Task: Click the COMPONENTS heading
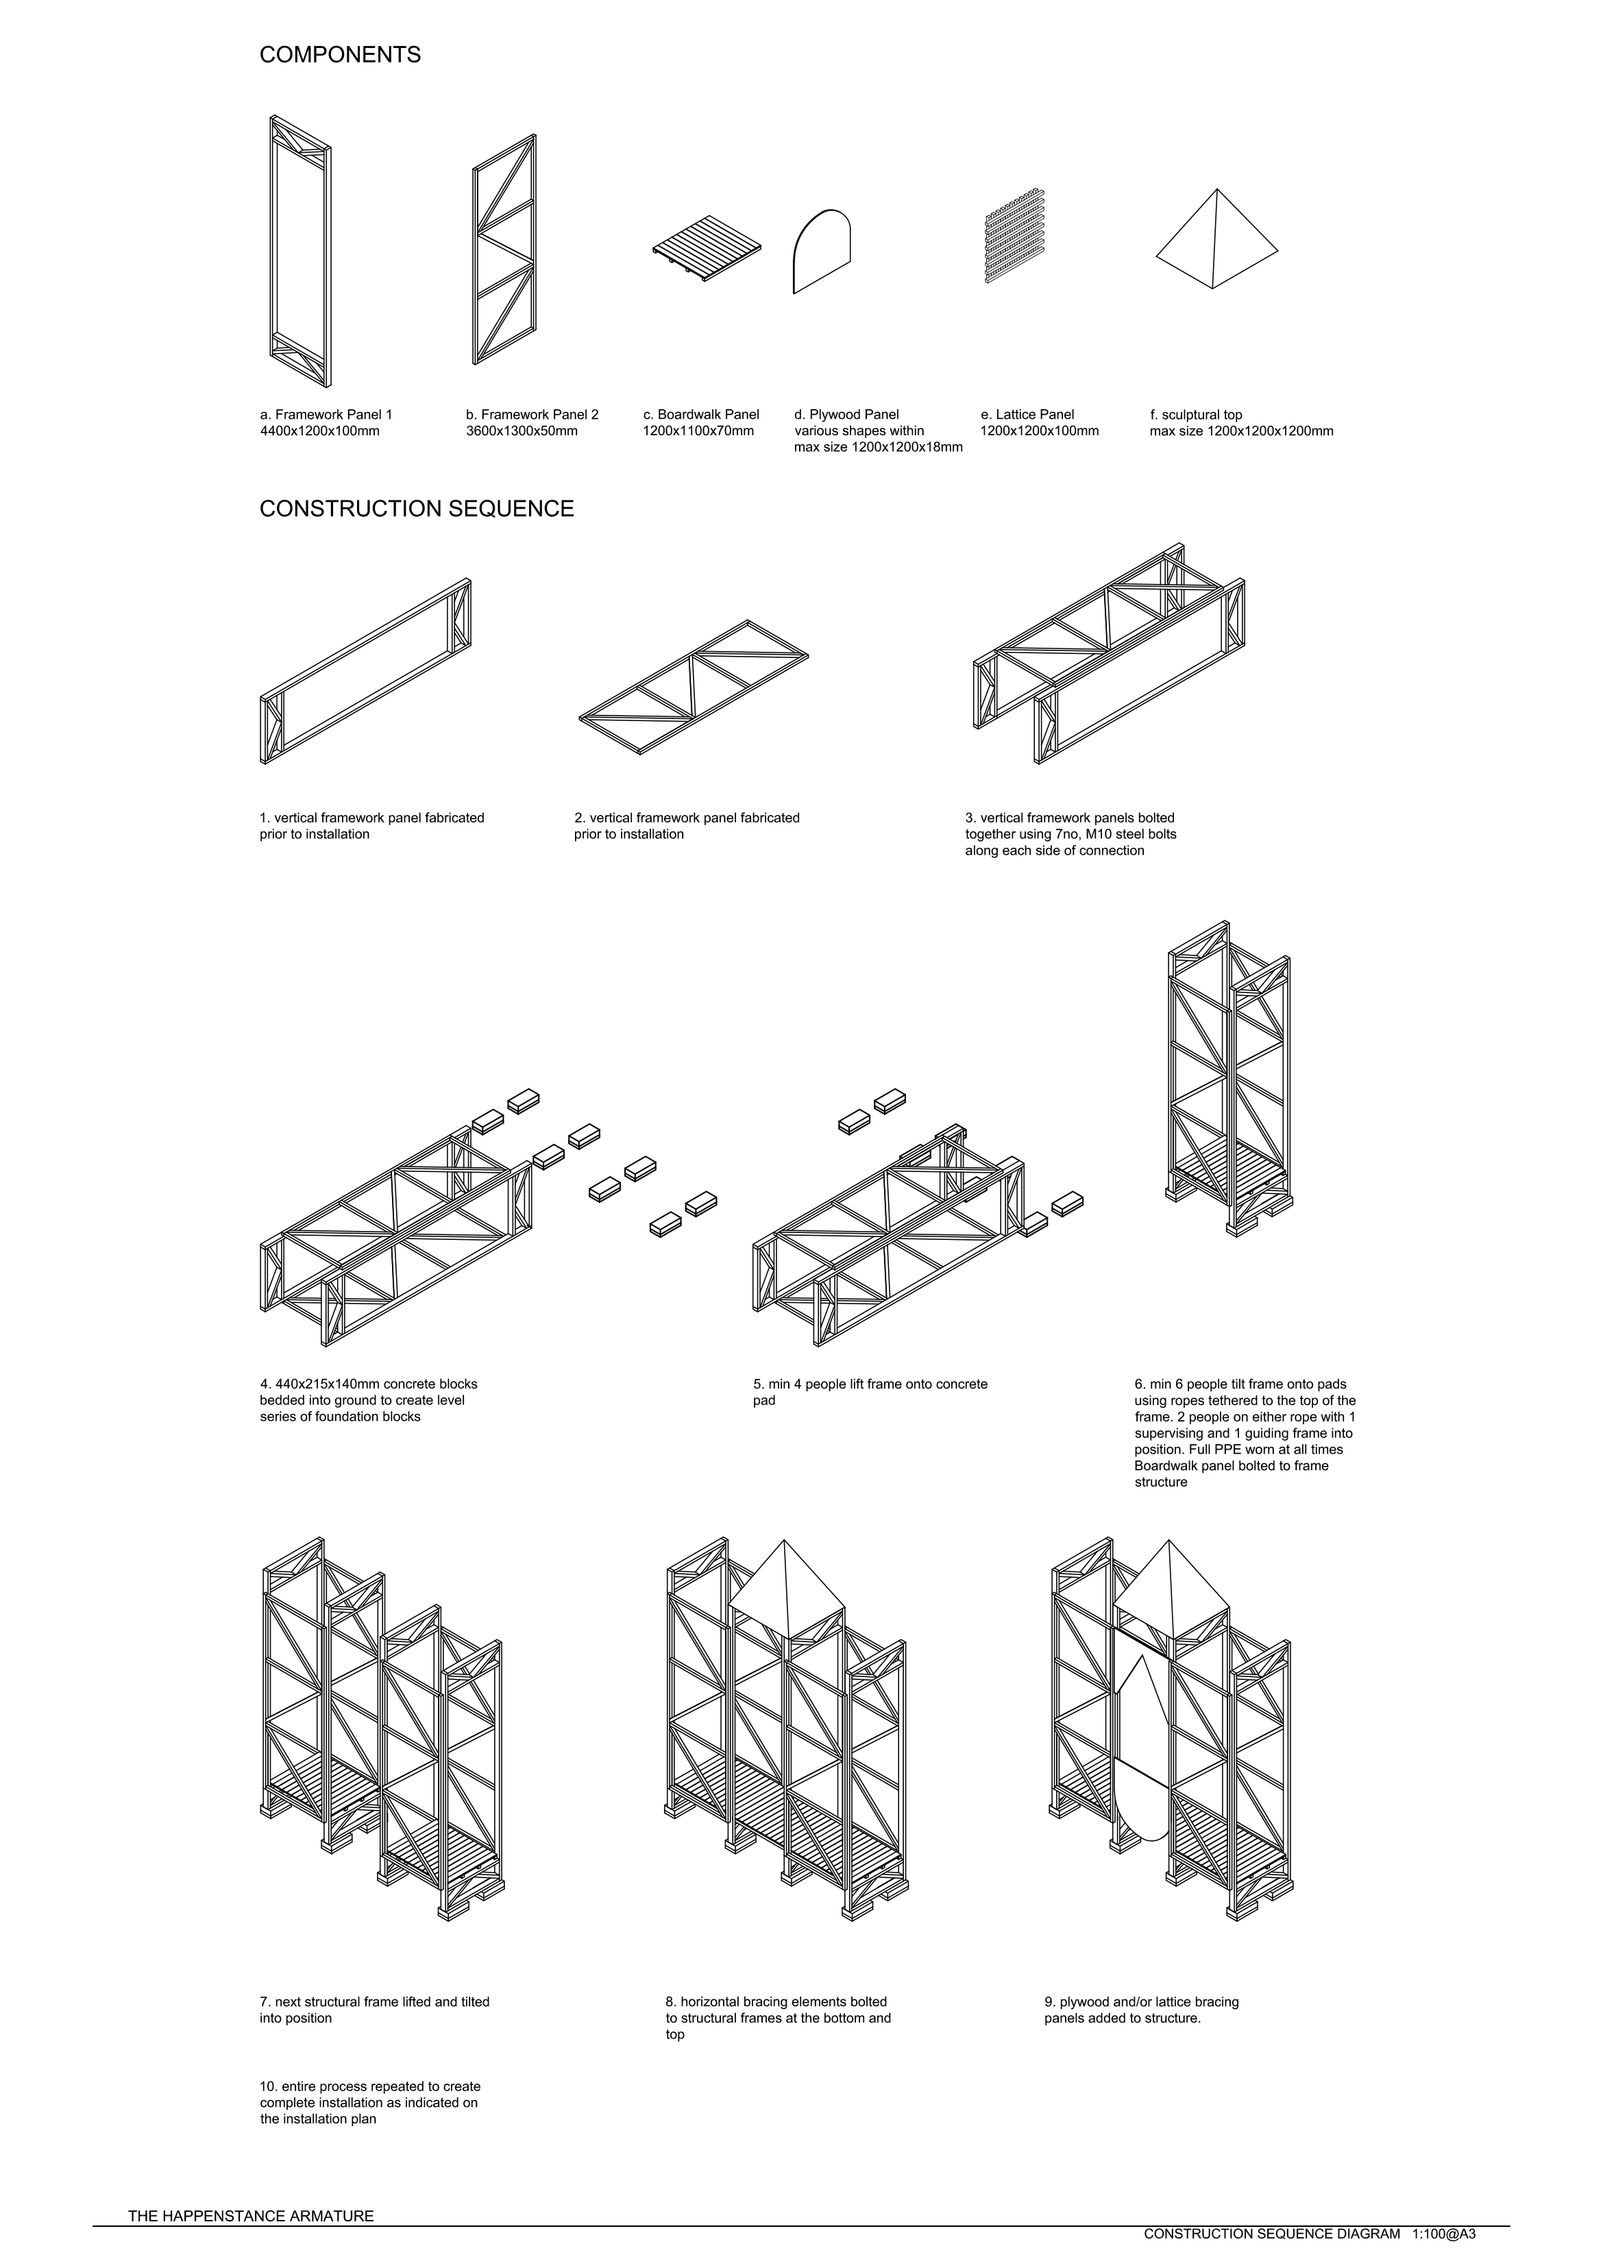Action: [340, 56]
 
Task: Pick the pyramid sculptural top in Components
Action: [1217, 240]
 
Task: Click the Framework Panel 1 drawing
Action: [300, 251]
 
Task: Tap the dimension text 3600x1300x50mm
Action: [522, 430]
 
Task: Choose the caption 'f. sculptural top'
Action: [1196, 415]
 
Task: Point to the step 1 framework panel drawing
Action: [365, 671]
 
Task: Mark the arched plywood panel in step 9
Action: [1145, 1749]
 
